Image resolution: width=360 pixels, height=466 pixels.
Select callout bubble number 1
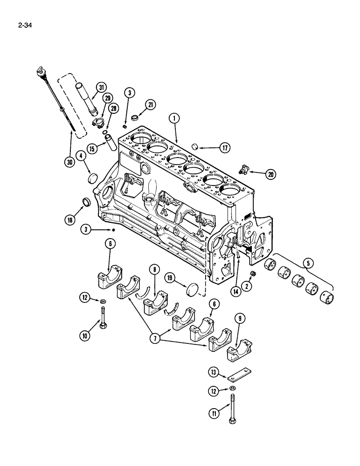click(x=173, y=119)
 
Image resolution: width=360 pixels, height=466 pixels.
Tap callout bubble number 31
click(x=100, y=87)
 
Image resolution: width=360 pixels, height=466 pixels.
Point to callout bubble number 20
click(x=270, y=175)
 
